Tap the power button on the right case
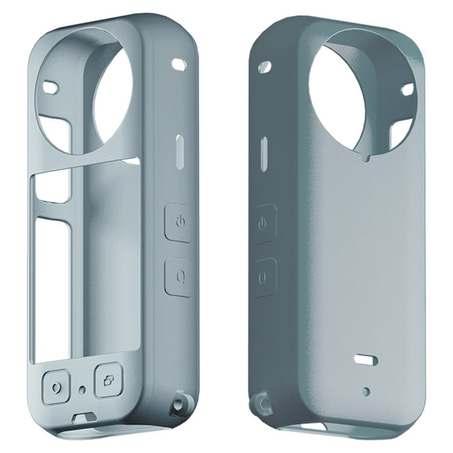(x=263, y=224)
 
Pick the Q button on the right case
(x=263, y=277)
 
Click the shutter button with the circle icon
(x=55, y=387)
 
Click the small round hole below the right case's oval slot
(x=366, y=391)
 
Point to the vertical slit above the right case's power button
(x=264, y=151)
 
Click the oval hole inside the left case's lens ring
(x=51, y=88)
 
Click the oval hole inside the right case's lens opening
(x=407, y=89)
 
